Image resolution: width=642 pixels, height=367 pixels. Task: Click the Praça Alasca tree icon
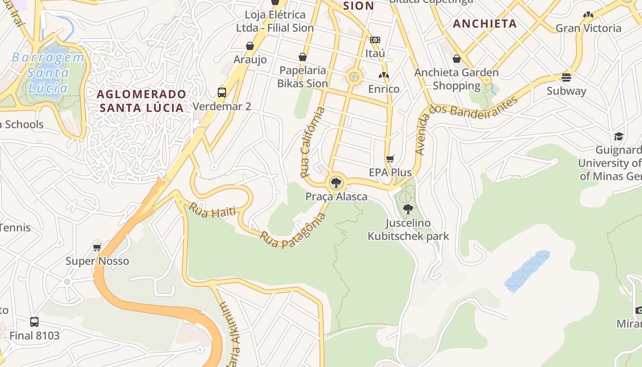click(x=336, y=183)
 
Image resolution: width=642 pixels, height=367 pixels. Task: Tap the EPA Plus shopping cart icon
click(x=390, y=159)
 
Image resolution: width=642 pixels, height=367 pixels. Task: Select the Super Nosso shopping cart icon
click(x=97, y=248)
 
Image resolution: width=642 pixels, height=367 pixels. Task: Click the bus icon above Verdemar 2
click(x=222, y=93)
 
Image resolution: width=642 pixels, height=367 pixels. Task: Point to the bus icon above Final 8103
click(x=34, y=322)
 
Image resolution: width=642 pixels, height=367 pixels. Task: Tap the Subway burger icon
click(x=566, y=77)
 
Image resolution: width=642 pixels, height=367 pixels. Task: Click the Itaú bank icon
click(x=375, y=40)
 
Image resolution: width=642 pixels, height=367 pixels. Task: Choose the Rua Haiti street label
click(x=212, y=210)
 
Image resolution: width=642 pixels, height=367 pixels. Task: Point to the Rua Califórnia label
click(x=313, y=142)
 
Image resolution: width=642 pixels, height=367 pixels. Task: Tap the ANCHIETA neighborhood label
click(x=485, y=24)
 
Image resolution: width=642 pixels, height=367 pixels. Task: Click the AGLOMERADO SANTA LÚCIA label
click(x=142, y=101)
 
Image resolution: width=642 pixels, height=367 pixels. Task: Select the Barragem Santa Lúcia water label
click(x=48, y=72)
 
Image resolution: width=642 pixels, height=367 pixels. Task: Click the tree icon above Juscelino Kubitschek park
click(x=408, y=209)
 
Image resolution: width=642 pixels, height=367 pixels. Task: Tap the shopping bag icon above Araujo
click(x=250, y=46)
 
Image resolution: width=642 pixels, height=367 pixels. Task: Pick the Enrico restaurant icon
click(x=384, y=75)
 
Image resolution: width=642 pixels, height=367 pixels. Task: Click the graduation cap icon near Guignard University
click(x=619, y=136)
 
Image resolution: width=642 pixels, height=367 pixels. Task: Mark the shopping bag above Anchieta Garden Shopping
click(x=457, y=59)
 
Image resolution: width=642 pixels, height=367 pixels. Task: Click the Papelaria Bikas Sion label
click(x=303, y=77)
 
